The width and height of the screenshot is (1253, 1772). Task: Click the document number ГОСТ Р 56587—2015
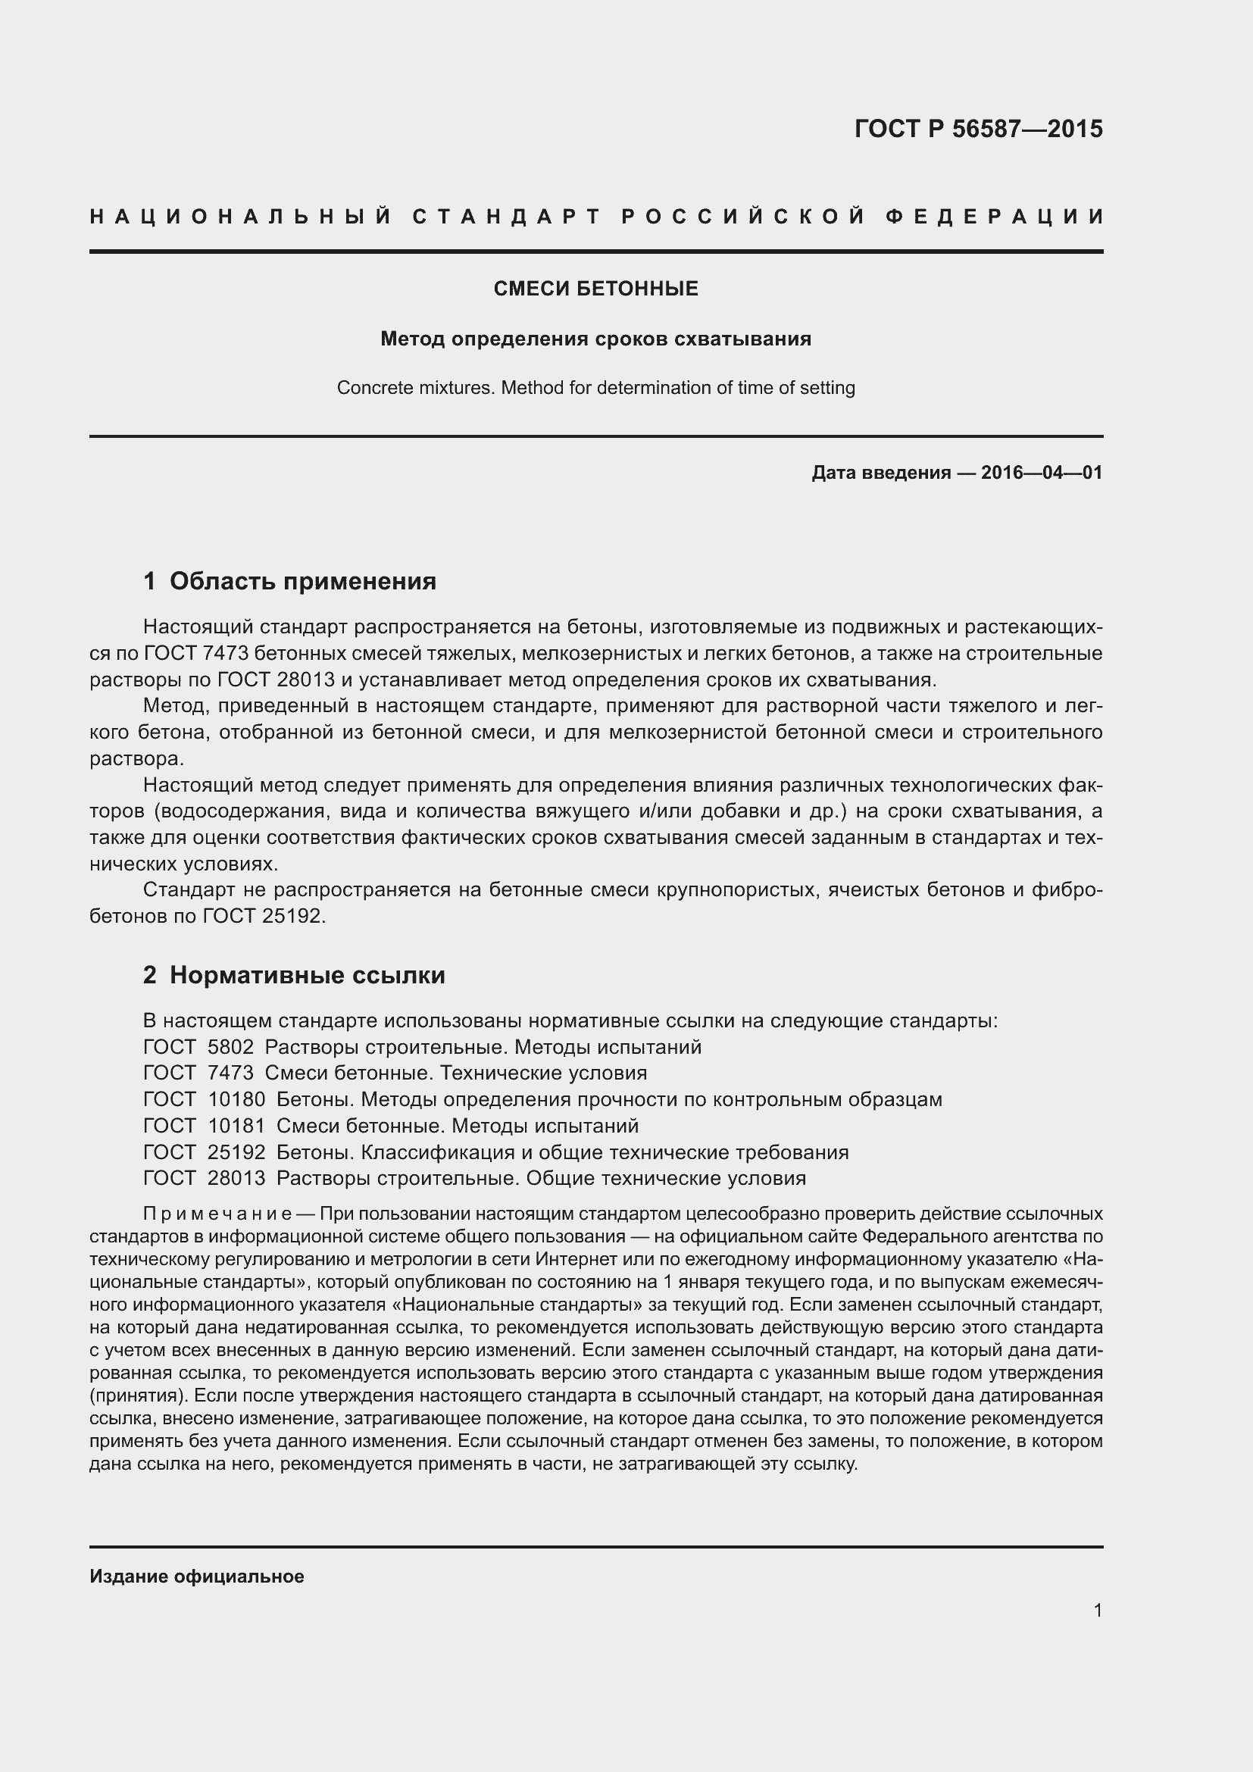click(977, 129)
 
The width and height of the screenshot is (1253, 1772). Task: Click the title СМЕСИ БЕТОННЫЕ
click(595, 289)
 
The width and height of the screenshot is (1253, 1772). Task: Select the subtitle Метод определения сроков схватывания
click(595, 339)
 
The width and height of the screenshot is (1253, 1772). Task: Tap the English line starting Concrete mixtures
click(595, 387)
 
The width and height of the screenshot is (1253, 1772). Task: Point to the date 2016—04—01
click(1042, 472)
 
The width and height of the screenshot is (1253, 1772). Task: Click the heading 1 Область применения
click(290, 580)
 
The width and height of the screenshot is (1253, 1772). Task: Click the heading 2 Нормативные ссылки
click(294, 975)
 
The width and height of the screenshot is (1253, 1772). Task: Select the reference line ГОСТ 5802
click(422, 1046)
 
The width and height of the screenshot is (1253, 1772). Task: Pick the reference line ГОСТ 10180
click(542, 1099)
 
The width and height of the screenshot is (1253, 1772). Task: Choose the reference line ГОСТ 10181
click(391, 1125)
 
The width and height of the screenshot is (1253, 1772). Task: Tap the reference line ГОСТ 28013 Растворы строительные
click(474, 1178)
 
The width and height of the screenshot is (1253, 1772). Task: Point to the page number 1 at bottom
click(1097, 1610)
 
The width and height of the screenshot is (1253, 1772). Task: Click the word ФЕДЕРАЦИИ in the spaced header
click(995, 217)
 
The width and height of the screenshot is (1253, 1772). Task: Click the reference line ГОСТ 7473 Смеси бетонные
click(395, 1073)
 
